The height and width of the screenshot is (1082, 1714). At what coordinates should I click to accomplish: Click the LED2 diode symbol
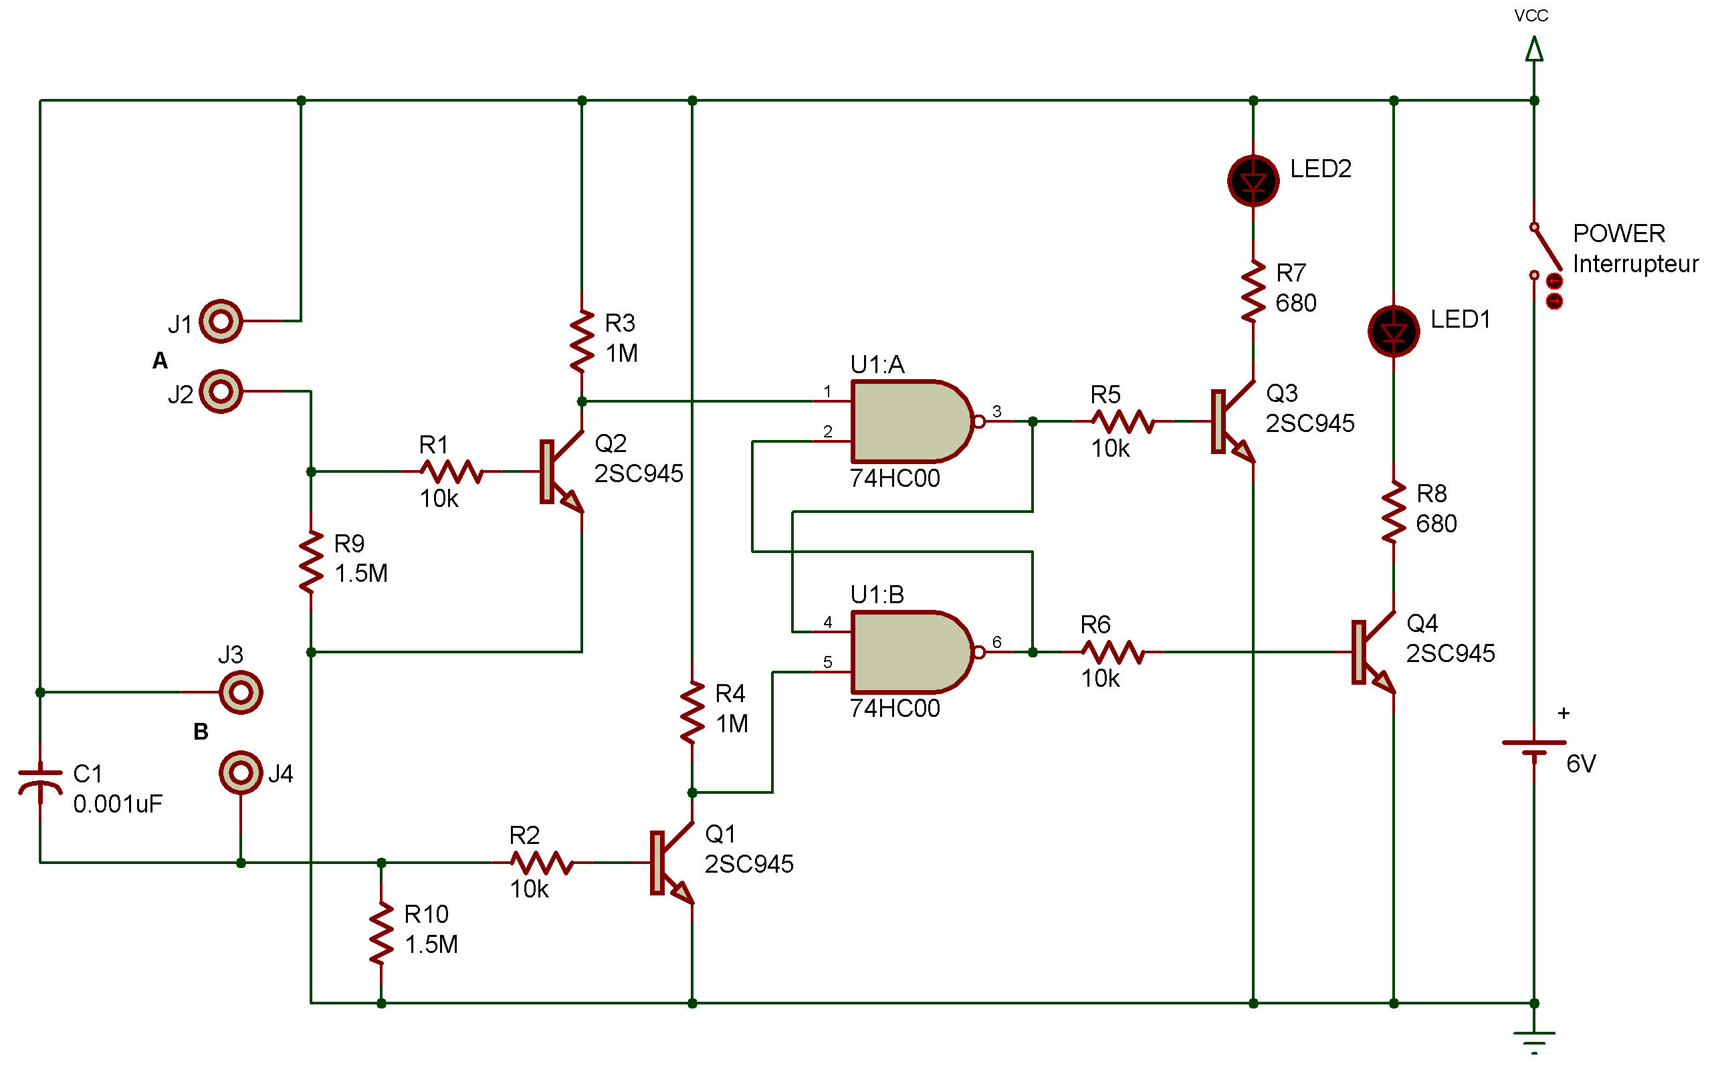tap(1253, 181)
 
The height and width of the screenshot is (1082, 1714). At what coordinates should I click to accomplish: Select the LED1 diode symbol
tap(1393, 331)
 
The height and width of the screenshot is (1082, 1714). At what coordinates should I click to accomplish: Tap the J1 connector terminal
tap(221, 321)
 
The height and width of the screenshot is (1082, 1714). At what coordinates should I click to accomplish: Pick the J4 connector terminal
tap(241, 772)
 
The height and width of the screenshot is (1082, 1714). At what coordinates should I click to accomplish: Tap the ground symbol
tap(1534, 1042)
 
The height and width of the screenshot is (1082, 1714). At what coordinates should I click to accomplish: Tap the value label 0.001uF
tap(118, 804)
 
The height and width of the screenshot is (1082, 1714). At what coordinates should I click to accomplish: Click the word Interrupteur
tap(1635, 264)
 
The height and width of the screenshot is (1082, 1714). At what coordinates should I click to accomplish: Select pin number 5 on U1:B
tap(827, 662)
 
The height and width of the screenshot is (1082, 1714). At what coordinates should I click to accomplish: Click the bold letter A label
tap(160, 361)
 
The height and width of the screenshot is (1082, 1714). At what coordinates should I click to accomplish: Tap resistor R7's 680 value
tap(1295, 303)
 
